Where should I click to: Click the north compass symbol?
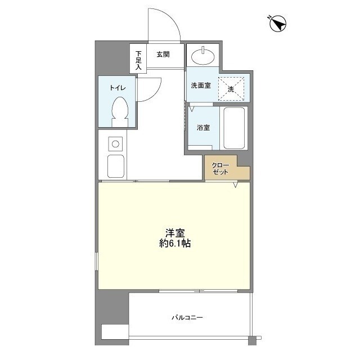277,24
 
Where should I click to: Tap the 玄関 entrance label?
163,55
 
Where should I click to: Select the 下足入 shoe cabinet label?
138,60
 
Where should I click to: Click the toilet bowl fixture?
120,111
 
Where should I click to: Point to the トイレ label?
118,88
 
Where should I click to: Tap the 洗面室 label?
201,85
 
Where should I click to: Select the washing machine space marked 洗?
231,89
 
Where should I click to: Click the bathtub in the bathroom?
234,128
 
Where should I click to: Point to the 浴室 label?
204,128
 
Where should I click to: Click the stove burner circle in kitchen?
115,144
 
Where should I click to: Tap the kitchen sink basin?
116,166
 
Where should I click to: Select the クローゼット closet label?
220,169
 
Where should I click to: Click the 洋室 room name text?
175,233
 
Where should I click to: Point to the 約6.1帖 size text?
175,244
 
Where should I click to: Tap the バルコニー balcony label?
187,317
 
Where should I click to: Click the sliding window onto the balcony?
199,291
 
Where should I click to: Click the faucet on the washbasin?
203,50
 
